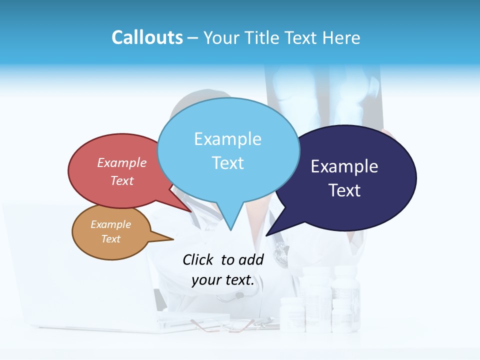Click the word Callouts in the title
147,37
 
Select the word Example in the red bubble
122,162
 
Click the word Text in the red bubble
122,180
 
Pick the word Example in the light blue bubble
227,139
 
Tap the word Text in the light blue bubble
227,163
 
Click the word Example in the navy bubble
344,166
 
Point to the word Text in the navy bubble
344,190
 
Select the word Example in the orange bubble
110,224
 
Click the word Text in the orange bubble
110,239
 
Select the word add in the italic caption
251,259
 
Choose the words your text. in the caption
223,280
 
